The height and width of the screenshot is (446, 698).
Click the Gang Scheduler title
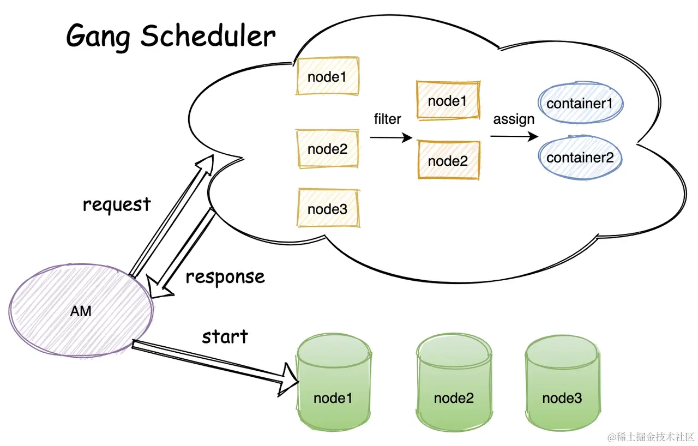(171, 37)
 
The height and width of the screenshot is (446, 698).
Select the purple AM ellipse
(81, 311)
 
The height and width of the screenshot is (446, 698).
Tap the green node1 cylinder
(333, 382)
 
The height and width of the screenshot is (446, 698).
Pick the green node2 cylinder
(454, 382)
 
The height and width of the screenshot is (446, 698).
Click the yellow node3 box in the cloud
(328, 208)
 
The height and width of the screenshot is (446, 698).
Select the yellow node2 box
(327, 149)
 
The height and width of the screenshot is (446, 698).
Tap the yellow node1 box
(327, 76)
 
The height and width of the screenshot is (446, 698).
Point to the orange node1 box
(448, 100)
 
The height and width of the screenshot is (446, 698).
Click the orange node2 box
(448, 160)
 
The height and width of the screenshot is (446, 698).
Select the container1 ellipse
(580, 104)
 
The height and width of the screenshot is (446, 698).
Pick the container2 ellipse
(580, 158)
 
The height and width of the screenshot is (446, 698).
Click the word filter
(387, 119)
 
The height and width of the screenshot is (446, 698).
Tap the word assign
(514, 119)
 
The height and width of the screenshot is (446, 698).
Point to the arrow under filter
(391, 137)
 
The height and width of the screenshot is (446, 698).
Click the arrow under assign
(514, 136)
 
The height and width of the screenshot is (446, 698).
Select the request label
(117, 205)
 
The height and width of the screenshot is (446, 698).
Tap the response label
(225, 277)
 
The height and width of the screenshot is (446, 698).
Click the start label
(225, 336)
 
